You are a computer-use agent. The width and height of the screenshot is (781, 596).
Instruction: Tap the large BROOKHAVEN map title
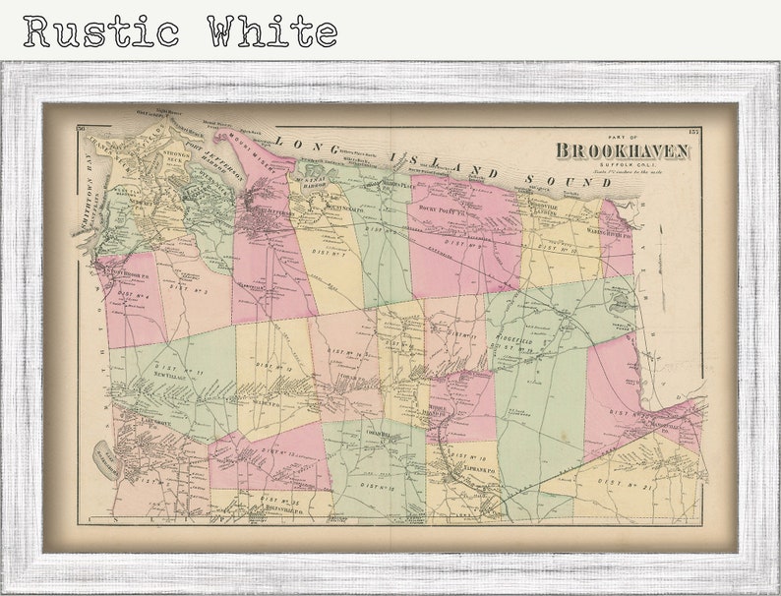tap(622, 149)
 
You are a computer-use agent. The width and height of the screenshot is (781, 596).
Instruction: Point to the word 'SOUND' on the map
tap(558, 180)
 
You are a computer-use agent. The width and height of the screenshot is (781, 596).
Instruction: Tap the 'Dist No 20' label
tap(625, 413)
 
